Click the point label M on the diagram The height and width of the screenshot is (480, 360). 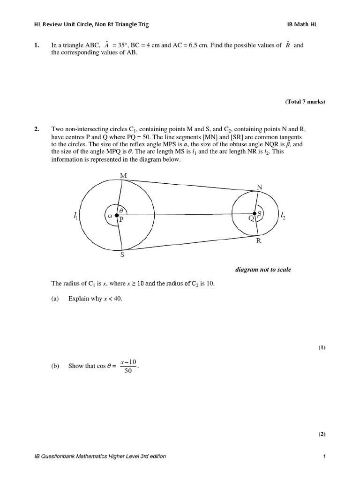click(124, 175)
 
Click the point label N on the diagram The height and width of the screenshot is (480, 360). click(259, 187)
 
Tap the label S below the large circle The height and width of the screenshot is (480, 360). click(123, 255)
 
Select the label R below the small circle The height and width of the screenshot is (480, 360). click(258, 242)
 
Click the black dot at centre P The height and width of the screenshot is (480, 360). click(117, 215)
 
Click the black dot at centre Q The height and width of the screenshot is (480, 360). click(254, 214)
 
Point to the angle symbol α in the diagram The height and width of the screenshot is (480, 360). click(110, 216)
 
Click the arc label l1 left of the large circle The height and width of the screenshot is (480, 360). click(76, 215)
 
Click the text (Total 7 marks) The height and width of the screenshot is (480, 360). click(305, 102)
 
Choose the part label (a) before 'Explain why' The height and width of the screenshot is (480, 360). click(55, 299)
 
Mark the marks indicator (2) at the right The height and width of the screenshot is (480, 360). click(322, 434)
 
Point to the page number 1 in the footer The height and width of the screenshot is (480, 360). click(324, 457)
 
